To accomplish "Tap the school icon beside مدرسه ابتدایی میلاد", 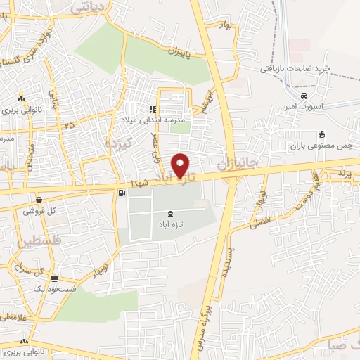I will pyautogui.click(x=151, y=109).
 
